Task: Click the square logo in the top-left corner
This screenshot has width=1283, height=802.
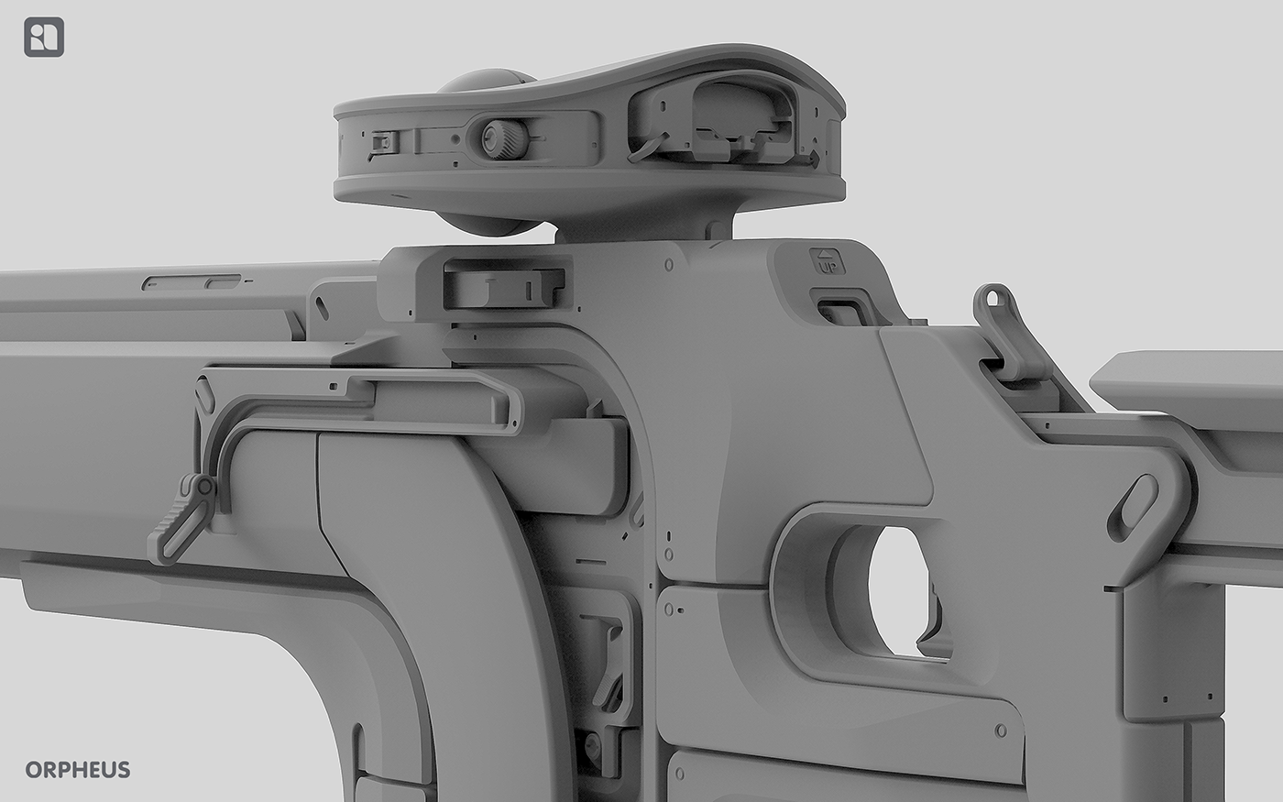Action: point(44,38)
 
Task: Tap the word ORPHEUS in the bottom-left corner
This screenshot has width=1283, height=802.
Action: point(78,769)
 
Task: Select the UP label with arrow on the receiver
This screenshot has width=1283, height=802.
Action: point(827,261)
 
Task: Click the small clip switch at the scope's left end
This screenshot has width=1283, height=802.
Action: point(384,142)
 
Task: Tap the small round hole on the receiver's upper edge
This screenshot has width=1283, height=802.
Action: point(669,264)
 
